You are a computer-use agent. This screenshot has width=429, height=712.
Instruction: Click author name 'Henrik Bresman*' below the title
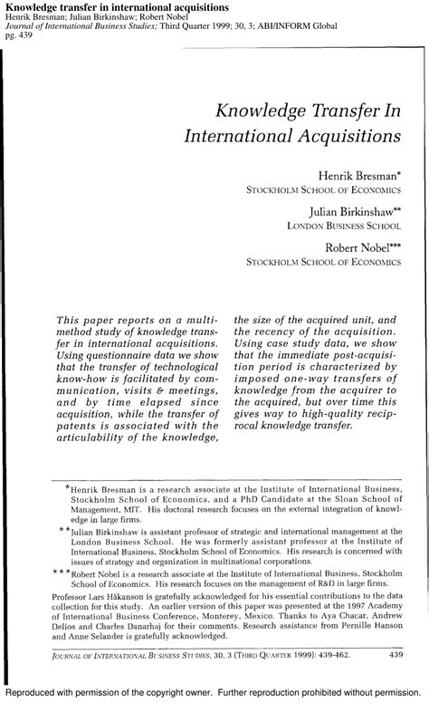[357, 174]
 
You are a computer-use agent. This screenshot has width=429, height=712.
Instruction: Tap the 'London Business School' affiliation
[345, 226]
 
